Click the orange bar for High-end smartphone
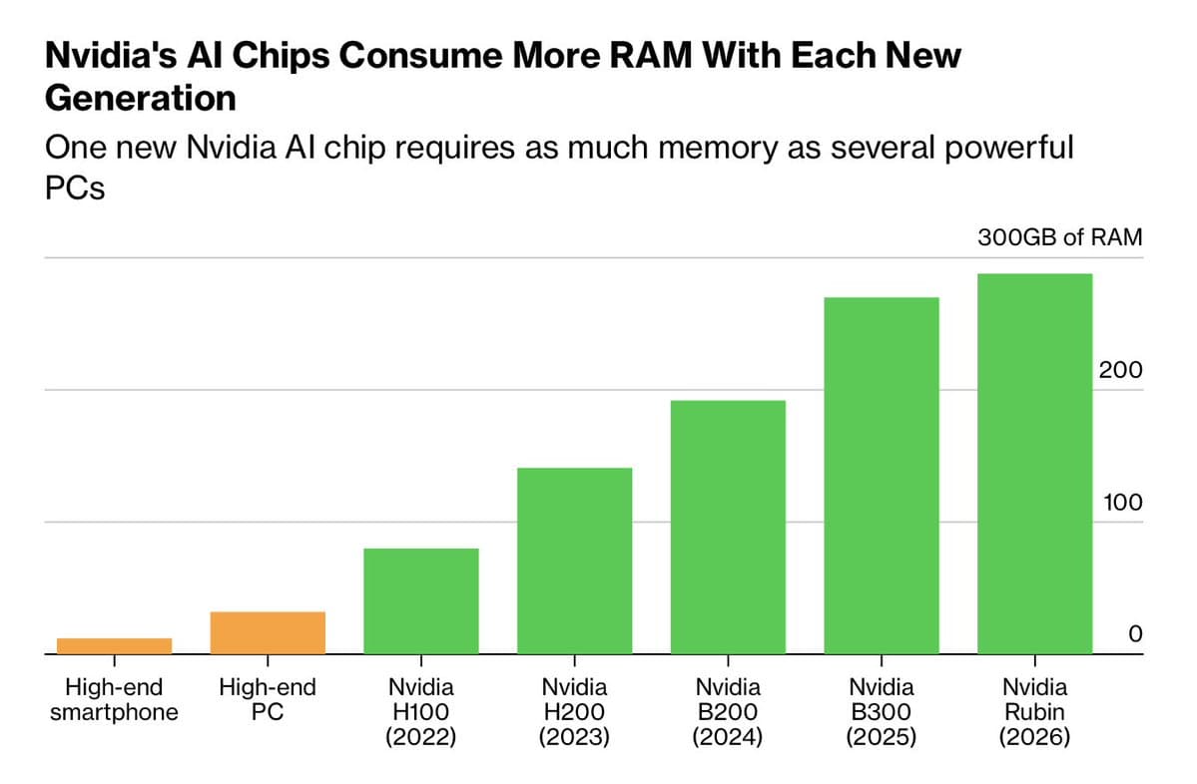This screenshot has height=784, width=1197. coord(114,645)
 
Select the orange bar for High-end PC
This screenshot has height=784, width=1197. coord(268,632)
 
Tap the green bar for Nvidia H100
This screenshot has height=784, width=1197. coord(420,600)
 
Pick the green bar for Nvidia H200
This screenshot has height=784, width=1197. coord(574,561)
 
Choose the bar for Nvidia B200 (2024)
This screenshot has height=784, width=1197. coord(728,527)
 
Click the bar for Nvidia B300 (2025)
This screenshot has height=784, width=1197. coord(881,475)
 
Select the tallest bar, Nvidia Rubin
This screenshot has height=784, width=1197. coord(1034,463)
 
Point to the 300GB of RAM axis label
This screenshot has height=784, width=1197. coord(1059,237)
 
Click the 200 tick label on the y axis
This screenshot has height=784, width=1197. coord(1120,370)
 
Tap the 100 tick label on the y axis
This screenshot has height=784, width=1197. coord(1121,502)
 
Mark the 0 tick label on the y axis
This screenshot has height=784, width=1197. coord(1134,634)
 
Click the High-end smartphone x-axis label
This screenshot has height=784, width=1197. coord(114,699)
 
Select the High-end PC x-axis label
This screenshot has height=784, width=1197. coord(268,699)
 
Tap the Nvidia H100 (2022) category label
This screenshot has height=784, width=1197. coord(420,712)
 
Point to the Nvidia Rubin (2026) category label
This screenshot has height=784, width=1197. coord(1034,712)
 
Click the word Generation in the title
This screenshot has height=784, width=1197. coord(141,98)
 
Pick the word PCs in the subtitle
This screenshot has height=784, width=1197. coord(75,188)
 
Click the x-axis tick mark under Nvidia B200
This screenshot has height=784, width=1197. coord(728,660)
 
